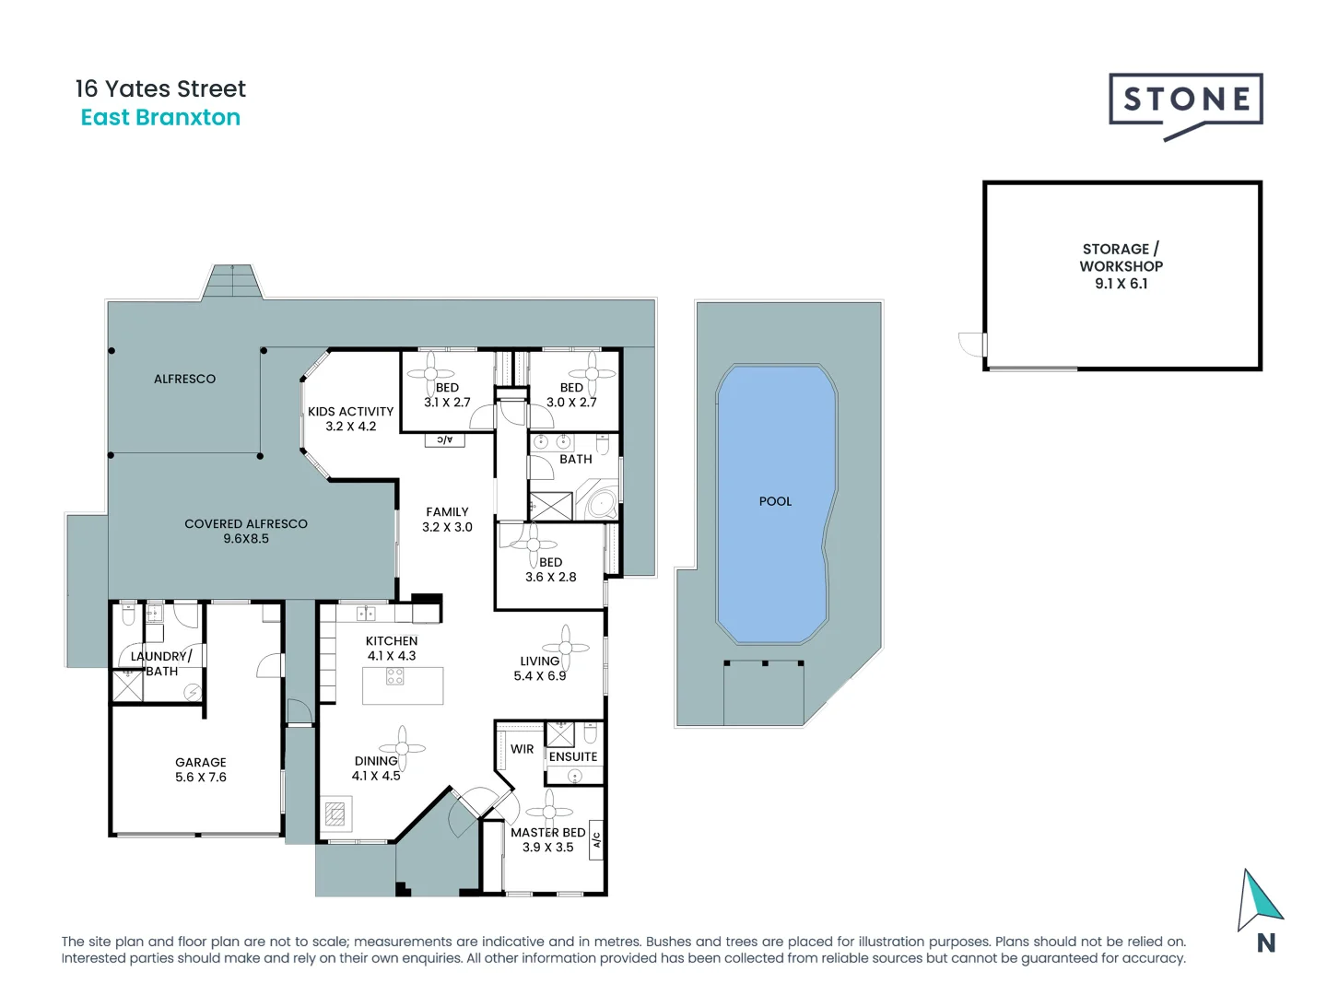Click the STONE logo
click(x=1185, y=106)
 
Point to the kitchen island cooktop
click(x=394, y=676)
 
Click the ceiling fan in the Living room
click(x=565, y=648)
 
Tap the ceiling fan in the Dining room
click(x=402, y=748)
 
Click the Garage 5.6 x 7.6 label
click(x=201, y=769)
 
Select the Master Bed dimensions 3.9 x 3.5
click(x=547, y=847)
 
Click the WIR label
click(x=522, y=749)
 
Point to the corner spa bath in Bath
click(x=598, y=500)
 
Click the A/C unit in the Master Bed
click(x=595, y=840)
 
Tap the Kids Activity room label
click(x=351, y=418)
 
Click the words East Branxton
click(x=160, y=117)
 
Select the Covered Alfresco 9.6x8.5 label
click(x=246, y=531)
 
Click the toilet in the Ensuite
click(x=591, y=732)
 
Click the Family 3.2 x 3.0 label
click(x=447, y=519)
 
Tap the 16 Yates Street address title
click(x=160, y=88)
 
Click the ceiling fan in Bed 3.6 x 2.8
click(x=533, y=544)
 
